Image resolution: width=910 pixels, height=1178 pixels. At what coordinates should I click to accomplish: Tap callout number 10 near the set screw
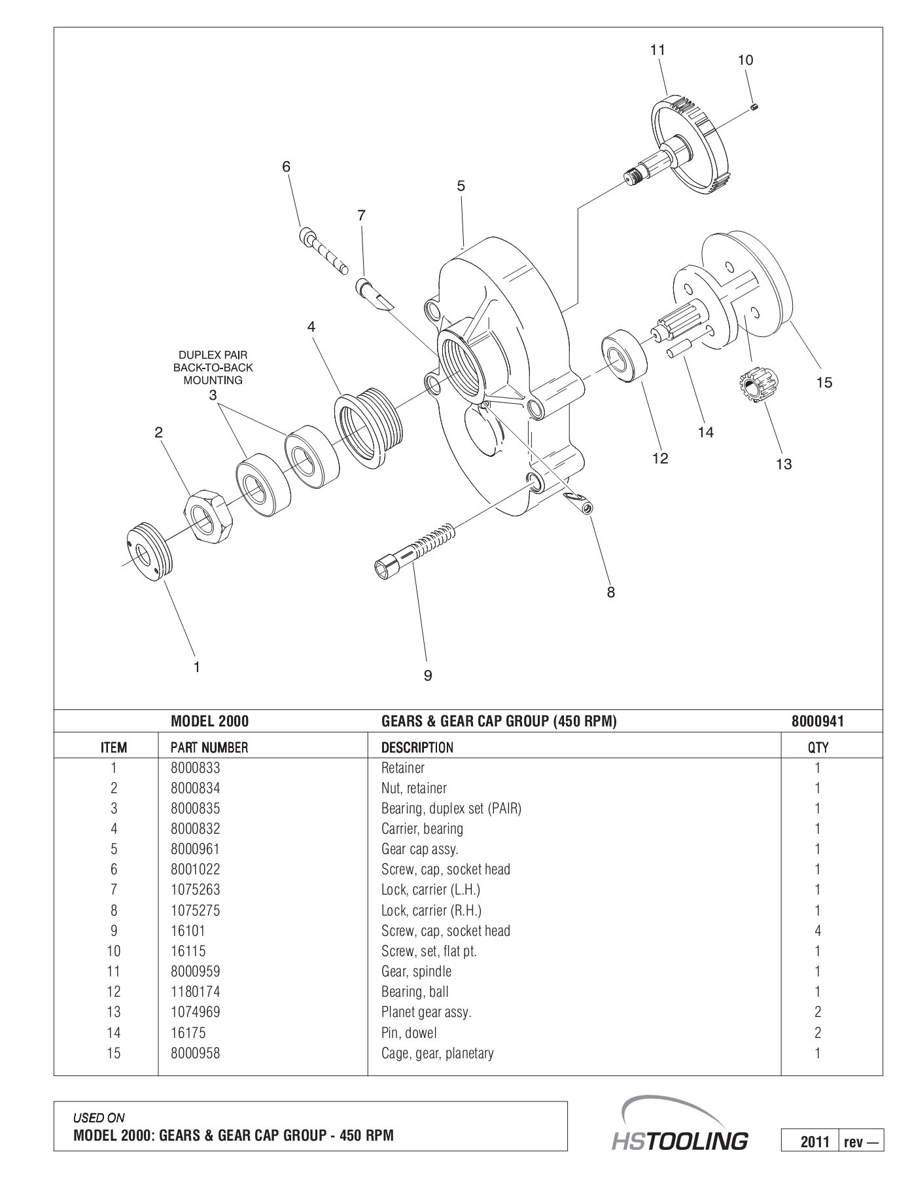tap(745, 60)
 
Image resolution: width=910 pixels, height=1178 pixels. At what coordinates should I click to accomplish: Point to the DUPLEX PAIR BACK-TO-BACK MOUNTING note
tap(213, 368)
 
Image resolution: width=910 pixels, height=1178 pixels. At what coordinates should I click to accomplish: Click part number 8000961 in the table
tap(195, 849)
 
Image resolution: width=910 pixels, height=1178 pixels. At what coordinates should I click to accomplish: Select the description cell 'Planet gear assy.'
tap(426, 1012)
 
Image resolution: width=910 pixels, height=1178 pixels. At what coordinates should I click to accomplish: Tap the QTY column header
tap(818, 747)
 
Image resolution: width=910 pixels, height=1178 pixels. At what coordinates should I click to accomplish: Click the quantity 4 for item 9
tap(818, 931)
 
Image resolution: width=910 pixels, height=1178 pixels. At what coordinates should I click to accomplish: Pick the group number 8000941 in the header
tap(817, 722)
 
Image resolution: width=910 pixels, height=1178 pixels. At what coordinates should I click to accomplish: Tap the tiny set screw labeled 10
tap(754, 107)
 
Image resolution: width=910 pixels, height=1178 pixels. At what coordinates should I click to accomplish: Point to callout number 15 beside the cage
tap(824, 383)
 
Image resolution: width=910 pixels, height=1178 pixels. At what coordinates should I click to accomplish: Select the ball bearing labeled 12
tap(624, 357)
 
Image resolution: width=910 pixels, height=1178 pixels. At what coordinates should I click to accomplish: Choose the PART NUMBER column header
tap(209, 747)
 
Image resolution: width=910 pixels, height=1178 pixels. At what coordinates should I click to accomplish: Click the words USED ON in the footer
tap(98, 1118)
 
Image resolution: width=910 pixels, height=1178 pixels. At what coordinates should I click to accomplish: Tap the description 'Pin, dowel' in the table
tap(409, 1033)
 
